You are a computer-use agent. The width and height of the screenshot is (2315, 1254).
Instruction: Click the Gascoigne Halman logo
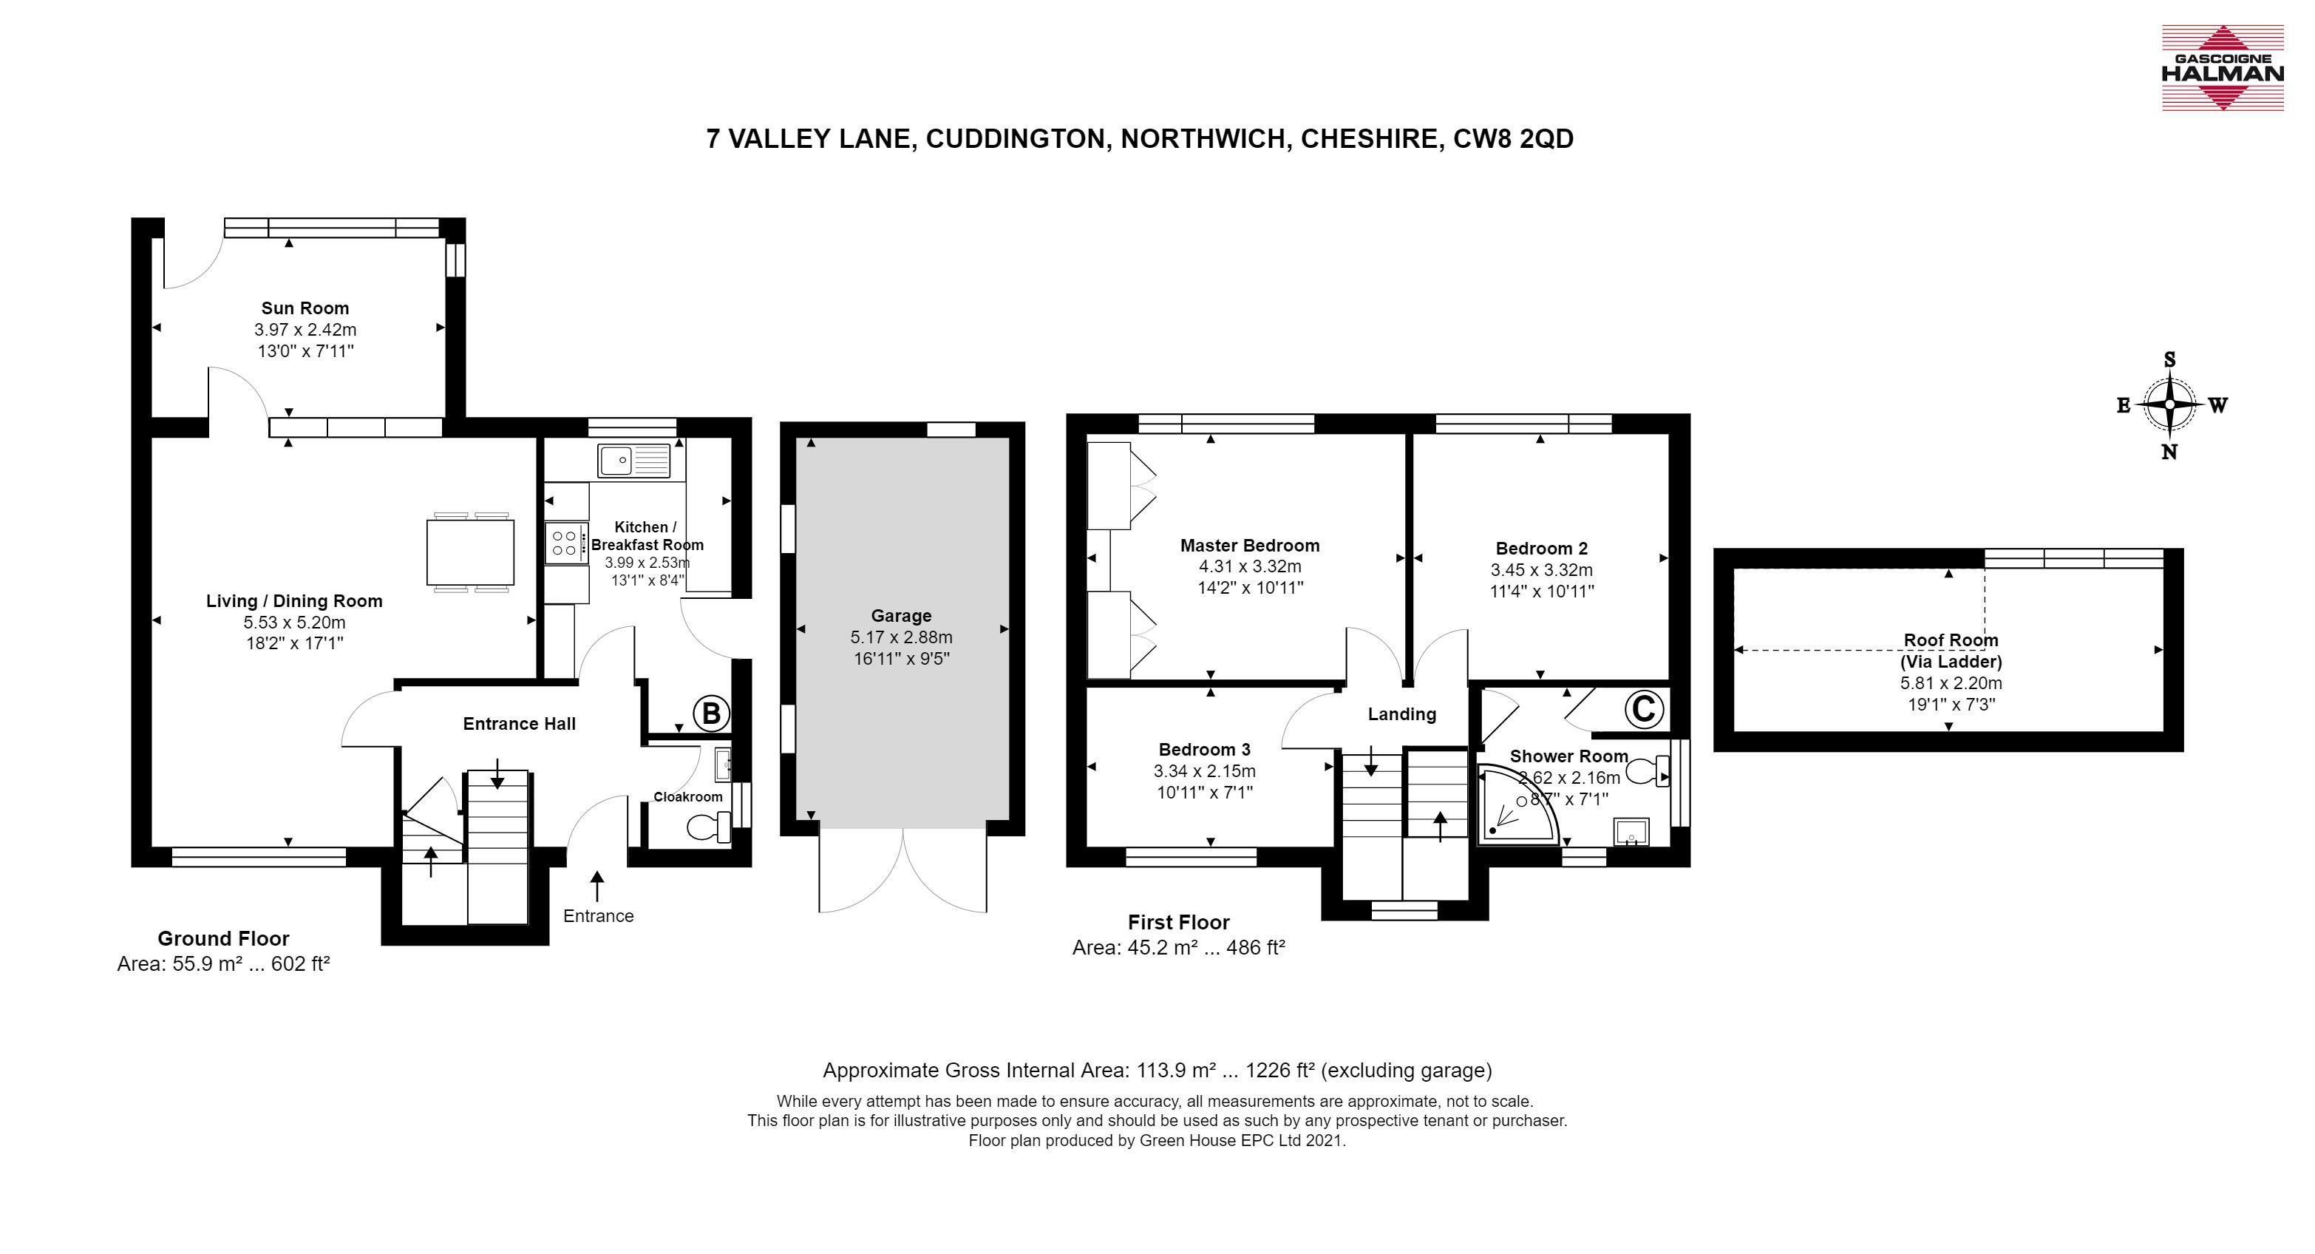coord(2222,68)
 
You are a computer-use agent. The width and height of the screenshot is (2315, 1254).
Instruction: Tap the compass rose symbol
coord(2169,404)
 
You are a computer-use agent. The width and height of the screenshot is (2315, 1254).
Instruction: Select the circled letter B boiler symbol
coord(711,714)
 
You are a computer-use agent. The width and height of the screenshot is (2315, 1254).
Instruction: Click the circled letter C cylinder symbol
coord(1643,709)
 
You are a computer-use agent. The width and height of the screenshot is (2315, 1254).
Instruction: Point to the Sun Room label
coord(305,308)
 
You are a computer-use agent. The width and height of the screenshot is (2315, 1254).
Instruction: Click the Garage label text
coord(900,616)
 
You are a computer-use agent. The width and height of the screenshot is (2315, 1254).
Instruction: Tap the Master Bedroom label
coord(1249,546)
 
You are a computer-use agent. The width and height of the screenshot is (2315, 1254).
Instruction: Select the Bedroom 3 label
coord(1204,750)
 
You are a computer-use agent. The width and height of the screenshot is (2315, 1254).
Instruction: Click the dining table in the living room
coord(471,552)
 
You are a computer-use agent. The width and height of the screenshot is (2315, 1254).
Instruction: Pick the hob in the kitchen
coord(565,543)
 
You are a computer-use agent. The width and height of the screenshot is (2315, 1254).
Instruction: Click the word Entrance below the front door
coord(599,916)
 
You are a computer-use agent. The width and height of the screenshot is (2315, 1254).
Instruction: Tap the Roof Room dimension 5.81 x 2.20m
coord(1950,683)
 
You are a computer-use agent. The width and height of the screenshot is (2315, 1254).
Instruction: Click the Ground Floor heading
coord(223,938)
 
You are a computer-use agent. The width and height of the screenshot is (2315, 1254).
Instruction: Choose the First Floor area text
coord(1178,947)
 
